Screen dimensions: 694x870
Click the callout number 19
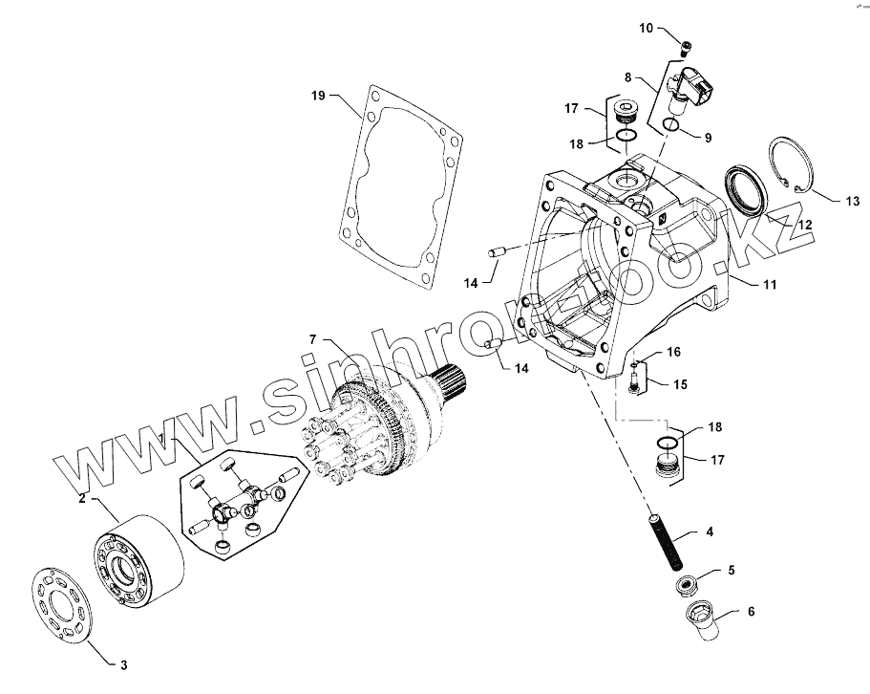pyautogui.click(x=319, y=95)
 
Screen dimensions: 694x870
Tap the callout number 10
pyautogui.click(x=647, y=29)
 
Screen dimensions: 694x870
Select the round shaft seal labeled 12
pyautogui.click(x=746, y=188)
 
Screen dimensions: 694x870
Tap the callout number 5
pyautogui.click(x=732, y=571)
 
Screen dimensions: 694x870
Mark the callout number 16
pyautogui.click(x=674, y=352)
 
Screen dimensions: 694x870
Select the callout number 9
pyautogui.click(x=708, y=138)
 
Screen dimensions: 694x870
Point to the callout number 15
pyautogui.click(x=681, y=384)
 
